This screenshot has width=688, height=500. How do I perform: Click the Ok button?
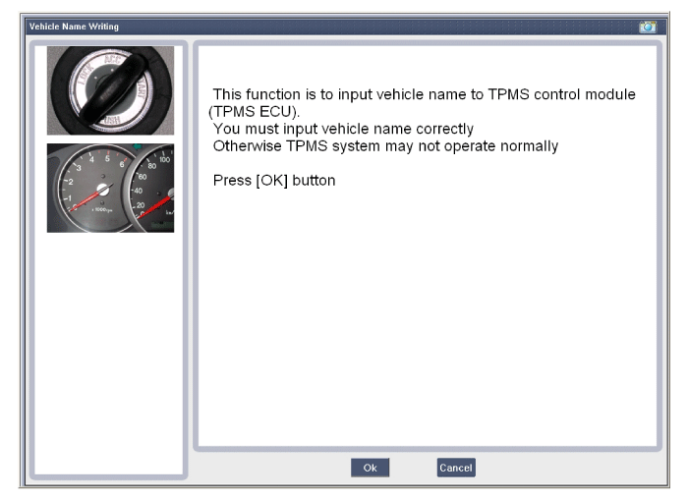coord(370,468)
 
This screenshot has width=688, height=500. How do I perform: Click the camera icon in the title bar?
coord(648,27)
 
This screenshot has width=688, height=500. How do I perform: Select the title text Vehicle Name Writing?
coord(74,27)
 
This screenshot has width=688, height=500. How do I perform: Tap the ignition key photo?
coord(110,90)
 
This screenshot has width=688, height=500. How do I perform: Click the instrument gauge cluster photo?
coord(110,188)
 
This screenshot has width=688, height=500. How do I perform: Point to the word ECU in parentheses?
coord(276,111)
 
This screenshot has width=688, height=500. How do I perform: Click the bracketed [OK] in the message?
coord(272,181)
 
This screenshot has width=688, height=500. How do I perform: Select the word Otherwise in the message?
coord(247,145)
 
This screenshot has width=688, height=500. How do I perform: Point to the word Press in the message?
coord(232,181)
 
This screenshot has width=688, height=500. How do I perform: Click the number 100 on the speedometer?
coord(164,159)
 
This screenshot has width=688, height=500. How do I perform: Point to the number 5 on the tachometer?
coord(107,159)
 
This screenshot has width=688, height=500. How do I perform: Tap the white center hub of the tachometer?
coord(103,190)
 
